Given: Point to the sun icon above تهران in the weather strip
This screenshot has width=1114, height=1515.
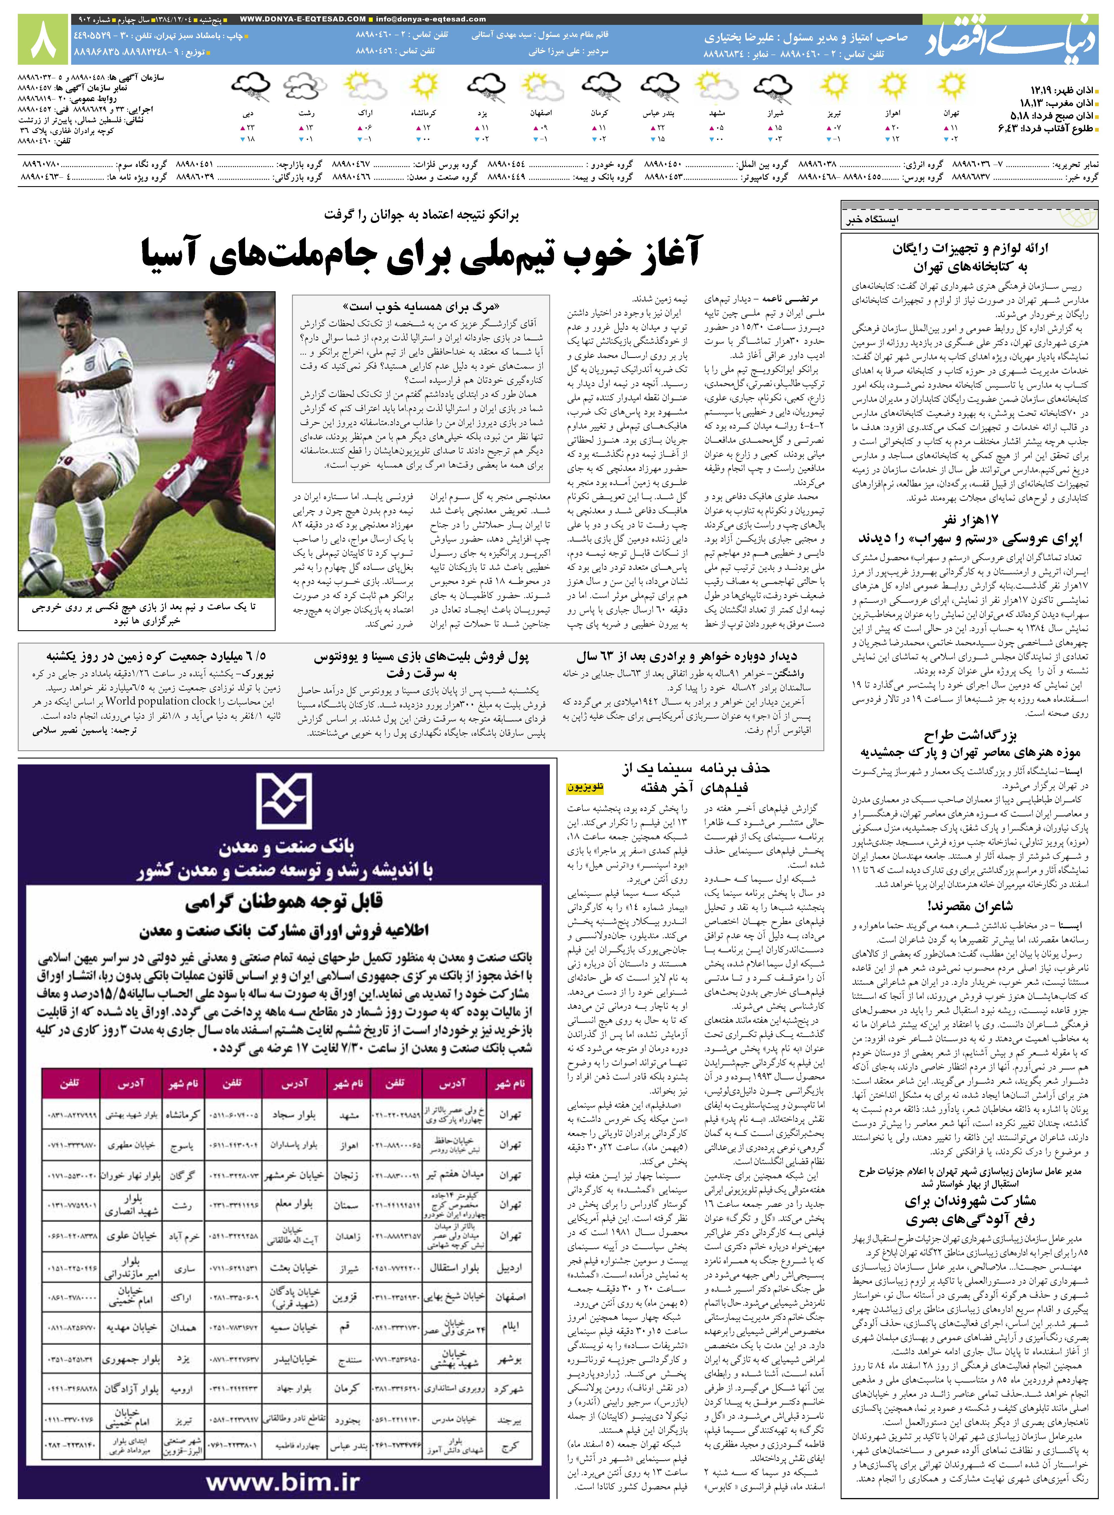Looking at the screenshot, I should click(x=951, y=86).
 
